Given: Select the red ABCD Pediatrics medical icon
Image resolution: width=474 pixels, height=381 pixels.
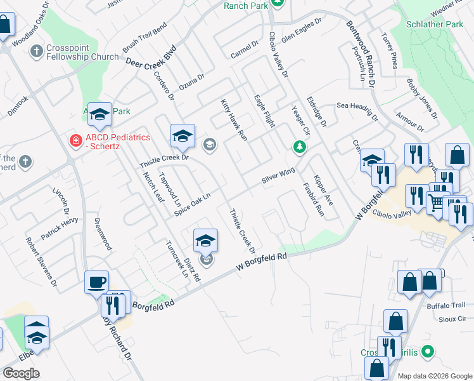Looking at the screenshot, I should (75, 140).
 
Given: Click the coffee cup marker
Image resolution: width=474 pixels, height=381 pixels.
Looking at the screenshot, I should (96, 281).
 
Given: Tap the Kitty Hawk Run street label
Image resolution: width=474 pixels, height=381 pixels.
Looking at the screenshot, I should (233, 119).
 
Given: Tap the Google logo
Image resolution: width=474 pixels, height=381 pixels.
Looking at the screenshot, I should (21, 373).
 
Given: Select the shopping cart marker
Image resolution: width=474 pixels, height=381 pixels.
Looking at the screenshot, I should (435, 203).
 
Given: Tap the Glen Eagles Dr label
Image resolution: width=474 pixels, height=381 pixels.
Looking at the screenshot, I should (302, 29).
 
